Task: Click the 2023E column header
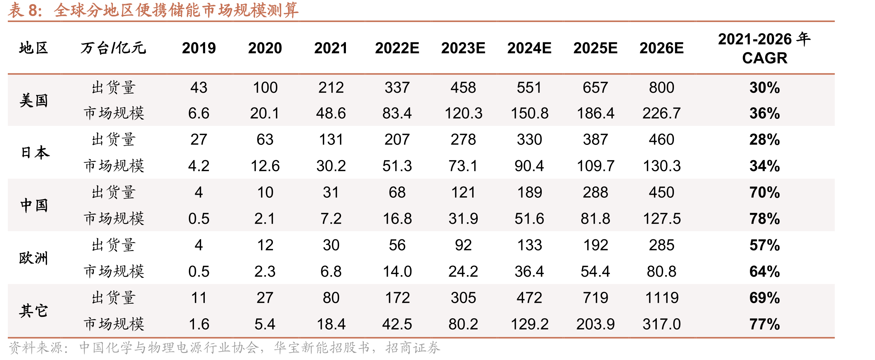(463, 48)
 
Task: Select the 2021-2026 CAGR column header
(764, 48)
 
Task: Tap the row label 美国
(34, 101)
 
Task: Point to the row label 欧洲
(34, 258)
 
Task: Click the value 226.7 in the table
(662, 113)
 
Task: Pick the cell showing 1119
(662, 298)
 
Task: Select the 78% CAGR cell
(764, 219)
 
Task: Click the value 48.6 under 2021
(331, 113)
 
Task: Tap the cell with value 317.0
(662, 324)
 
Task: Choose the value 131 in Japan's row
(331, 140)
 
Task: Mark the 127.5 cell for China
(662, 219)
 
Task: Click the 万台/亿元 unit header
(113, 48)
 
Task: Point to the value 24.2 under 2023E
(463, 271)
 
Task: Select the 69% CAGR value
(764, 298)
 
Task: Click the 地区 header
(34, 48)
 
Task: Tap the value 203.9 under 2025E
(595, 324)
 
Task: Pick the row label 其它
(34, 311)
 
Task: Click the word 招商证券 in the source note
(413, 348)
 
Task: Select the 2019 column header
(199, 48)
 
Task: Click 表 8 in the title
(25, 10)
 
